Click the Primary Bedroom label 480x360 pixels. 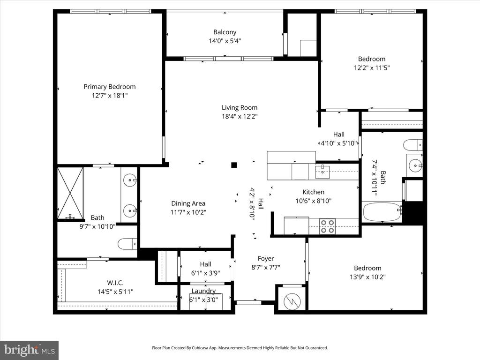pos(110,87)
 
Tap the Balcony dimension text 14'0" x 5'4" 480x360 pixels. pos(225,41)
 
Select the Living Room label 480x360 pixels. pos(240,107)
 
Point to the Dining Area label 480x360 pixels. pos(188,203)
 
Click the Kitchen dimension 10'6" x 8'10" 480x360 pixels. pos(314,201)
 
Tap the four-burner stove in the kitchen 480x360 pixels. pos(328,226)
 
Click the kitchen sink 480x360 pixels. pos(322,172)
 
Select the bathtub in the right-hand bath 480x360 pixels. pos(382,212)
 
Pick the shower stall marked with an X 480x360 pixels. pos(70,193)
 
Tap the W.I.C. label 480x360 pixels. pos(115,283)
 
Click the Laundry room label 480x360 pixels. pos(203,291)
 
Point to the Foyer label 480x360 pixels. pos(266,259)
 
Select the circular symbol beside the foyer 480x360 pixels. pos(292,302)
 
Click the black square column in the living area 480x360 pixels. pos(234,165)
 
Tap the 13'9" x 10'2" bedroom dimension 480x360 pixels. pos(367,277)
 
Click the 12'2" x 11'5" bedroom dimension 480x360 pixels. pos(372,67)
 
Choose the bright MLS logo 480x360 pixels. pos(30,350)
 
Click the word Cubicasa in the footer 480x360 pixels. pos(201,348)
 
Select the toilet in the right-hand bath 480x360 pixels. pos(412,145)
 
